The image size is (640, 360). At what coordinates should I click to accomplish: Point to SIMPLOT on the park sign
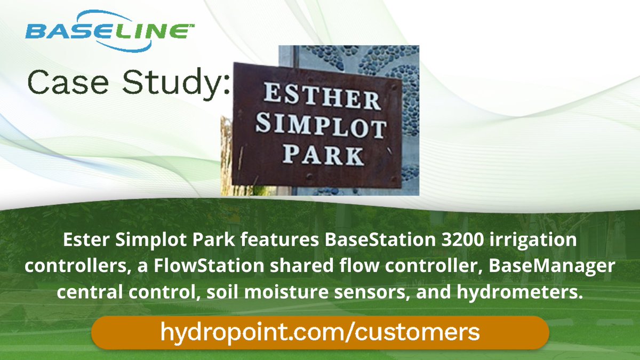(x=320, y=129)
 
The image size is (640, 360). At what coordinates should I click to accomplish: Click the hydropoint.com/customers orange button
(x=320, y=332)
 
